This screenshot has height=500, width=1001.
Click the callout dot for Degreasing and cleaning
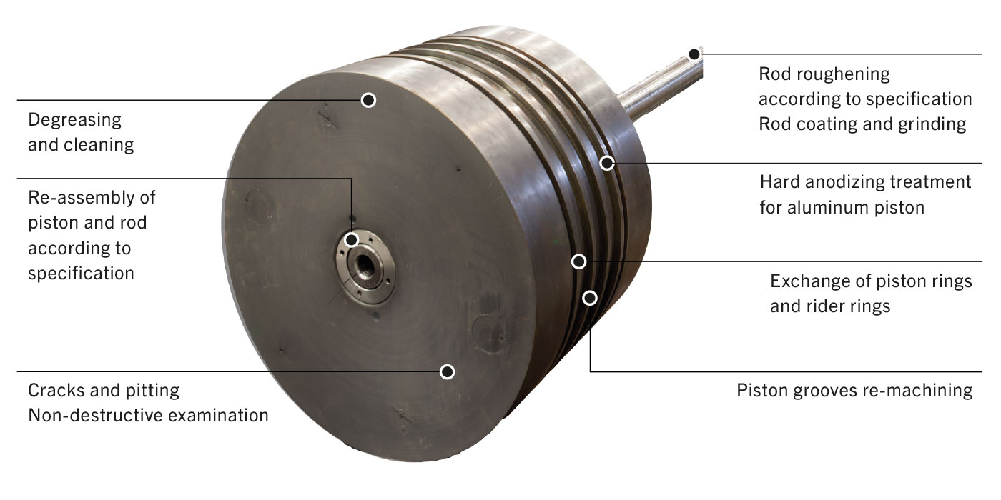368,100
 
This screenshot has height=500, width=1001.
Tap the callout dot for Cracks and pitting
447,371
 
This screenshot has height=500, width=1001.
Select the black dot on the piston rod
694,54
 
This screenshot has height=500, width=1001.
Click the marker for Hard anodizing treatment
606,163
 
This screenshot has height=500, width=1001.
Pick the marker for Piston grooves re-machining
590,297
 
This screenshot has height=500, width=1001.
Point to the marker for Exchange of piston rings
579,261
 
